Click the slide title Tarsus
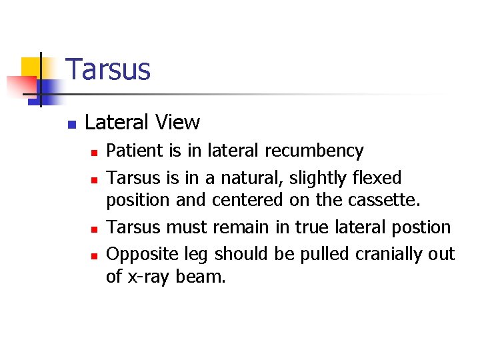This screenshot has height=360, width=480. (x=109, y=70)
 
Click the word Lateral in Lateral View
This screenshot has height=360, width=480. (x=118, y=123)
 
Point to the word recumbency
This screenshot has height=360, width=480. (x=314, y=151)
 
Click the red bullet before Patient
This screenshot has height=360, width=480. (x=95, y=153)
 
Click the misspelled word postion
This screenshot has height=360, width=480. (x=422, y=227)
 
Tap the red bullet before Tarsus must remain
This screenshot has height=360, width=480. (x=95, y=229)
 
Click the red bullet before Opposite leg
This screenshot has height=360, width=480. (x=95, y=255)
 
